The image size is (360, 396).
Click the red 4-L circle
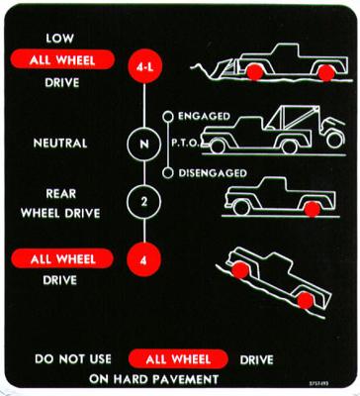click(x=145, y=67)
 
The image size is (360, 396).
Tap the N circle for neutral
click(x=145, y=144)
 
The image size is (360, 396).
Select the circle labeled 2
click(x=145, y=204)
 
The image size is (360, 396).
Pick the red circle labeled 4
click(x=145, y=262)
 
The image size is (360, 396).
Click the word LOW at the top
click(x=59, y=38)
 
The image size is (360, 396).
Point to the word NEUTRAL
click(x=59, y=144)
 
